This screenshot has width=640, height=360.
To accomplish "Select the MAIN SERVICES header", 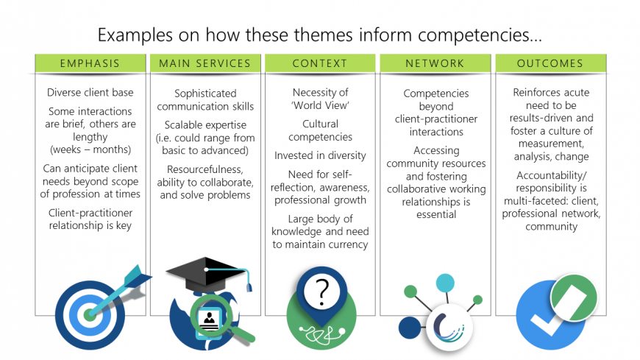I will [x=205, y=63].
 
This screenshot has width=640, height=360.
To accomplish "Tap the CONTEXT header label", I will [x=320, y=63].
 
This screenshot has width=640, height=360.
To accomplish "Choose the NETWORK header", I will [x=435, y=63].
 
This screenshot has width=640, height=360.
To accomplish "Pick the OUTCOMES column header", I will [x=550, y=63].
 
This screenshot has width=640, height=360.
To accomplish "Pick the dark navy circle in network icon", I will [x=408, y=328].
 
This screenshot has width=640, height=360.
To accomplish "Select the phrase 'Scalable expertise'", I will [x=205, y=124].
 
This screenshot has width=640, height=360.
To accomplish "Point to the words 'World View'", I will [x=320, y=105].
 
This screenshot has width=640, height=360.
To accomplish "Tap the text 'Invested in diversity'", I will [x=320, y=155].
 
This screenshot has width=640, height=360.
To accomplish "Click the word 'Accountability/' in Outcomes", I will [x=550, y=176].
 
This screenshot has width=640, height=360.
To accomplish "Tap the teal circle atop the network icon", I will [x=445, y=283].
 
